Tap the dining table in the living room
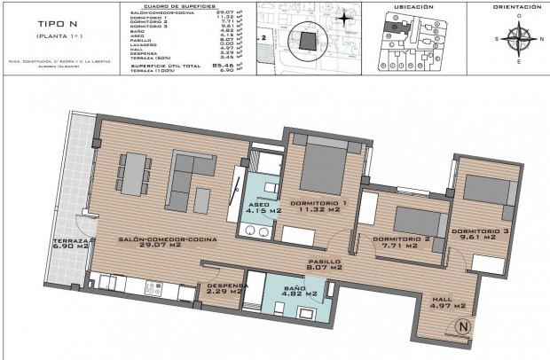pyautogui.click(x=134, y=173)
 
